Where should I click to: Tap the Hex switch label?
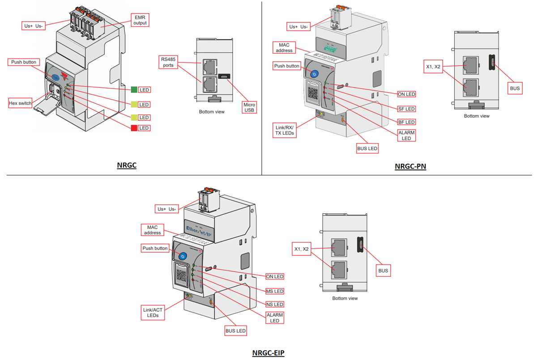[x=21, y=103]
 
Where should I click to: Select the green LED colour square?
[x=133, y=90]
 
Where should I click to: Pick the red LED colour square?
[x=133, y=128]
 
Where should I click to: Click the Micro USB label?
[x=249, y=107]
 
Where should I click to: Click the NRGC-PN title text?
[x=410, y=167]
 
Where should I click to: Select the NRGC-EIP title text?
[x=268, y=353]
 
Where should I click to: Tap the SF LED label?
[x=406, y=109]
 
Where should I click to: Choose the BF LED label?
[x=406, y=122]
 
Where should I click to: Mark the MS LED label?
[x=275, y=291]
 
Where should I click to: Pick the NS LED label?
[x=275, y=305]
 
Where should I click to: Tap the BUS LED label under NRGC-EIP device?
[x=235, y=331]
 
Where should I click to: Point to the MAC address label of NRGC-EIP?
[x=153, y=230]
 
